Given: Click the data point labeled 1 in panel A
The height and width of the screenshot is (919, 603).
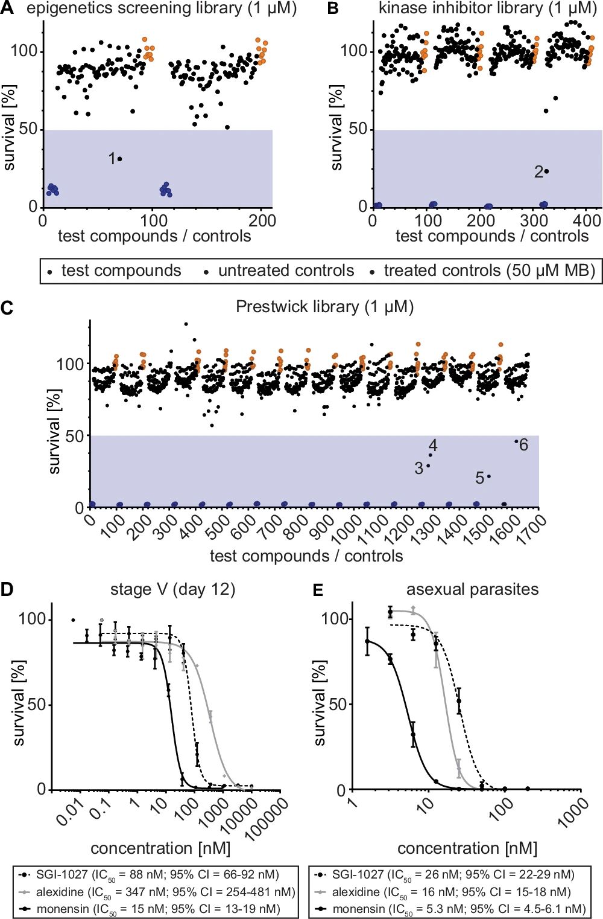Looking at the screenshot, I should (x=119, y=159).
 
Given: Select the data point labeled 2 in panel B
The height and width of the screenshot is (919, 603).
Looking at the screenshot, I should (x=546, y=171).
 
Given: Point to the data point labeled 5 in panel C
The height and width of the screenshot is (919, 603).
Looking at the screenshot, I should (x=488, y=476).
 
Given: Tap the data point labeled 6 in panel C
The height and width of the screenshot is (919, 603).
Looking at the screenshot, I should (x=516, y=441).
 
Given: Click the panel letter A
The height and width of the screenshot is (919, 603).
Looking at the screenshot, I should (x=8, y=8).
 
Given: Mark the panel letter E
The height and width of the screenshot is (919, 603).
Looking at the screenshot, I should (x=318, y=589).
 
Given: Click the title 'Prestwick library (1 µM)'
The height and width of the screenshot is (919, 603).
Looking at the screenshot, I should (x=324, y=307).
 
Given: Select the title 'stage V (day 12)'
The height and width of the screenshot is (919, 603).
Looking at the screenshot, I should (x=172, y=589).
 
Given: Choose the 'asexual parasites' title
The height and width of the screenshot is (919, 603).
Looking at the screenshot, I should (x=472, y=589).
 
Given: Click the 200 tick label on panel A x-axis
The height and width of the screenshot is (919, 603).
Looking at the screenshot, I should (x=262, y=220).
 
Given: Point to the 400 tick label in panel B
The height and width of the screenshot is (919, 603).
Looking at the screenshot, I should (x=587, y=220).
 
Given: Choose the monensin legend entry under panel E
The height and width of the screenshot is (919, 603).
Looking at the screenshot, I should (x=458, y=909).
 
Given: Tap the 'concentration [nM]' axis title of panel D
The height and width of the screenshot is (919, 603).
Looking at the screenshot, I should (x=160, y=848).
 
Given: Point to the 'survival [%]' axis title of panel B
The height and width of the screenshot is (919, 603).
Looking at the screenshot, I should (x=336, y=127).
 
